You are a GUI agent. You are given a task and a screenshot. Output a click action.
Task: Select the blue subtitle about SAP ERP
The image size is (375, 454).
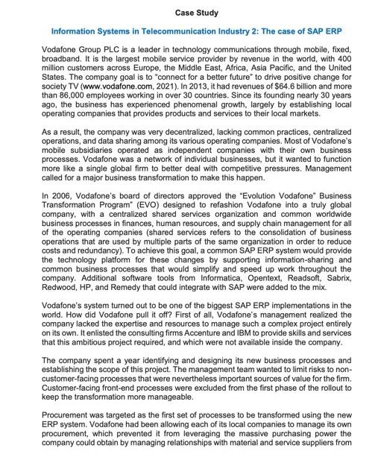tap(187, 32)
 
